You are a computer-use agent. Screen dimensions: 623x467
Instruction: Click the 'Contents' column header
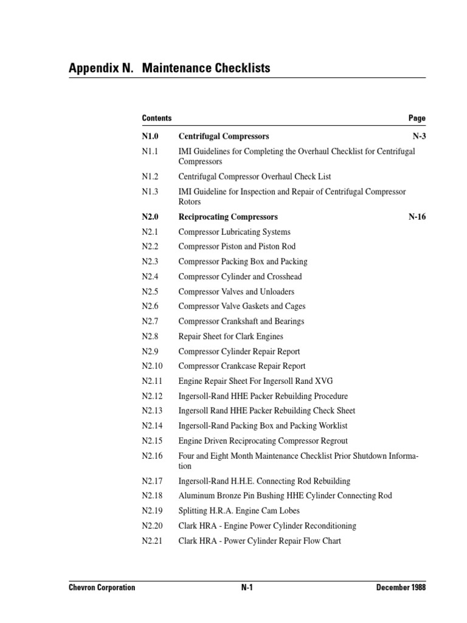(156, 118)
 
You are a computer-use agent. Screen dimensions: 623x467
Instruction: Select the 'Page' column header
(417, 118)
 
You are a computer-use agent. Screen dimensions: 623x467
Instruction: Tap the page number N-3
(419, 136)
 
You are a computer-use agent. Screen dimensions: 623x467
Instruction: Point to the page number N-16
(417, 217)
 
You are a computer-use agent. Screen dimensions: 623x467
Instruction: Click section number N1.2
(150, 176)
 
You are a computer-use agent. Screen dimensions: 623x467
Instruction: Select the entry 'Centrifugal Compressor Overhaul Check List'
(254, 176)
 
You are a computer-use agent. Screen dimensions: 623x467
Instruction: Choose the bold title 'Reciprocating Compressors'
(227, 217)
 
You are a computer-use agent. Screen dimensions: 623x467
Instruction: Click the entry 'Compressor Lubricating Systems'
(234, 232)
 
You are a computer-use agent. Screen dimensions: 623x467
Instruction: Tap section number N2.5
(150, 291)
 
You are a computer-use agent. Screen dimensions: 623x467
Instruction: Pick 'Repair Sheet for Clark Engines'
(230, 336)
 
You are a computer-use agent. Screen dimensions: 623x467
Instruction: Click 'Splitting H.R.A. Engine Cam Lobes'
(238, 510)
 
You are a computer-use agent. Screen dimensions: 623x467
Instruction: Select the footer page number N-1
(247, 588)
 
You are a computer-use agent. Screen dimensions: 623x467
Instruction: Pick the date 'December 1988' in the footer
(401, 588)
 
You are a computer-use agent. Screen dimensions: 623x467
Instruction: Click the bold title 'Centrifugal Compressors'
(223, 136)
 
